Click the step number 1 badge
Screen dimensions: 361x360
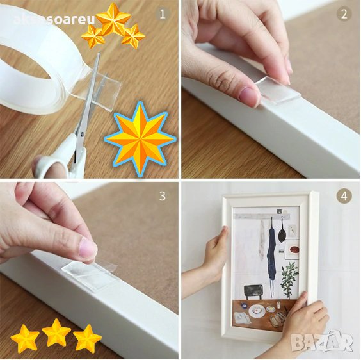click(163, 15)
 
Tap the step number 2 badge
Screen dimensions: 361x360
click(344, 15)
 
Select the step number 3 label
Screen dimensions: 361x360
click(163, 196)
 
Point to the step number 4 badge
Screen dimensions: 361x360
click(344, 196)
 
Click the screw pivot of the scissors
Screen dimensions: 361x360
click(82, 133)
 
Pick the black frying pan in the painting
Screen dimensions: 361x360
click(282, 233)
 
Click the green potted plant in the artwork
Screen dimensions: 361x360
click(289, 279)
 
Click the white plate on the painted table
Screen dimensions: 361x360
click(257, 311)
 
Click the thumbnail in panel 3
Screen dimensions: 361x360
click(88, 247)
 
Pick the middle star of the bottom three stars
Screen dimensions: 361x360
click(56, 334)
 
